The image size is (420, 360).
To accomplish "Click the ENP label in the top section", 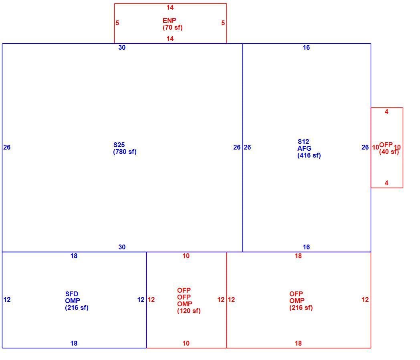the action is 169,20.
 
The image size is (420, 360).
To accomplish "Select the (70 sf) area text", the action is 172,27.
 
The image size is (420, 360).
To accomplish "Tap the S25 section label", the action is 119,145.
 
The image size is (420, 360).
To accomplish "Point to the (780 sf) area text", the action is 125,152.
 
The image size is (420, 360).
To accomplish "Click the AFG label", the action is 304,148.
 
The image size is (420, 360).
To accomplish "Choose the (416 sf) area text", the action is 309,156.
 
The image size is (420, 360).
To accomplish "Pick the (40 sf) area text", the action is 389,152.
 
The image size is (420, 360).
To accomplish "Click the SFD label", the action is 71,294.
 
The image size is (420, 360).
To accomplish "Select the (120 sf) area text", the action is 189,311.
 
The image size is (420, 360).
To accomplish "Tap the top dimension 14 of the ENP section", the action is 170,8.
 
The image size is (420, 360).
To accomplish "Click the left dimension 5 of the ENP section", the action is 117,23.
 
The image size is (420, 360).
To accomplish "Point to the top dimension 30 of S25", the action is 122,47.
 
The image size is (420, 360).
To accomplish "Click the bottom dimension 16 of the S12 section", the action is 306,247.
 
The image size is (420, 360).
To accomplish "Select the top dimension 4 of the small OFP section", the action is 386,112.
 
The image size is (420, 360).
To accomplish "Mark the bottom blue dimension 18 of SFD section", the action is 74,343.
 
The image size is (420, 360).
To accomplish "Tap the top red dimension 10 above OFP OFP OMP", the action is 186,256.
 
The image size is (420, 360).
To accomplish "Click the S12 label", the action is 303,142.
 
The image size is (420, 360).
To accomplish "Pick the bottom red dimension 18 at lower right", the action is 298,343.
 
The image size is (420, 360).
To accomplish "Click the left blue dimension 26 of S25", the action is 7,147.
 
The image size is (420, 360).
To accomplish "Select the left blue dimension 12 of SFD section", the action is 7,299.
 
